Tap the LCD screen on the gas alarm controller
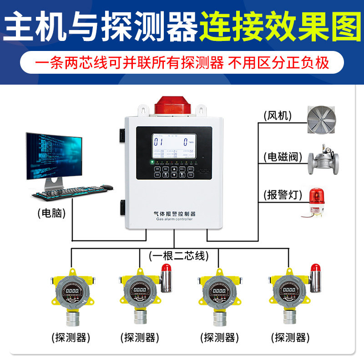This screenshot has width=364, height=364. [174, 146]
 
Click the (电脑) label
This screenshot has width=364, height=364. [51, 212]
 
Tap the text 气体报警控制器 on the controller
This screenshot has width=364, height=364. [175, 213]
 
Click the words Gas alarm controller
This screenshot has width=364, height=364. [175, 219]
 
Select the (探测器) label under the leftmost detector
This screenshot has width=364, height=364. [71, 337]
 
